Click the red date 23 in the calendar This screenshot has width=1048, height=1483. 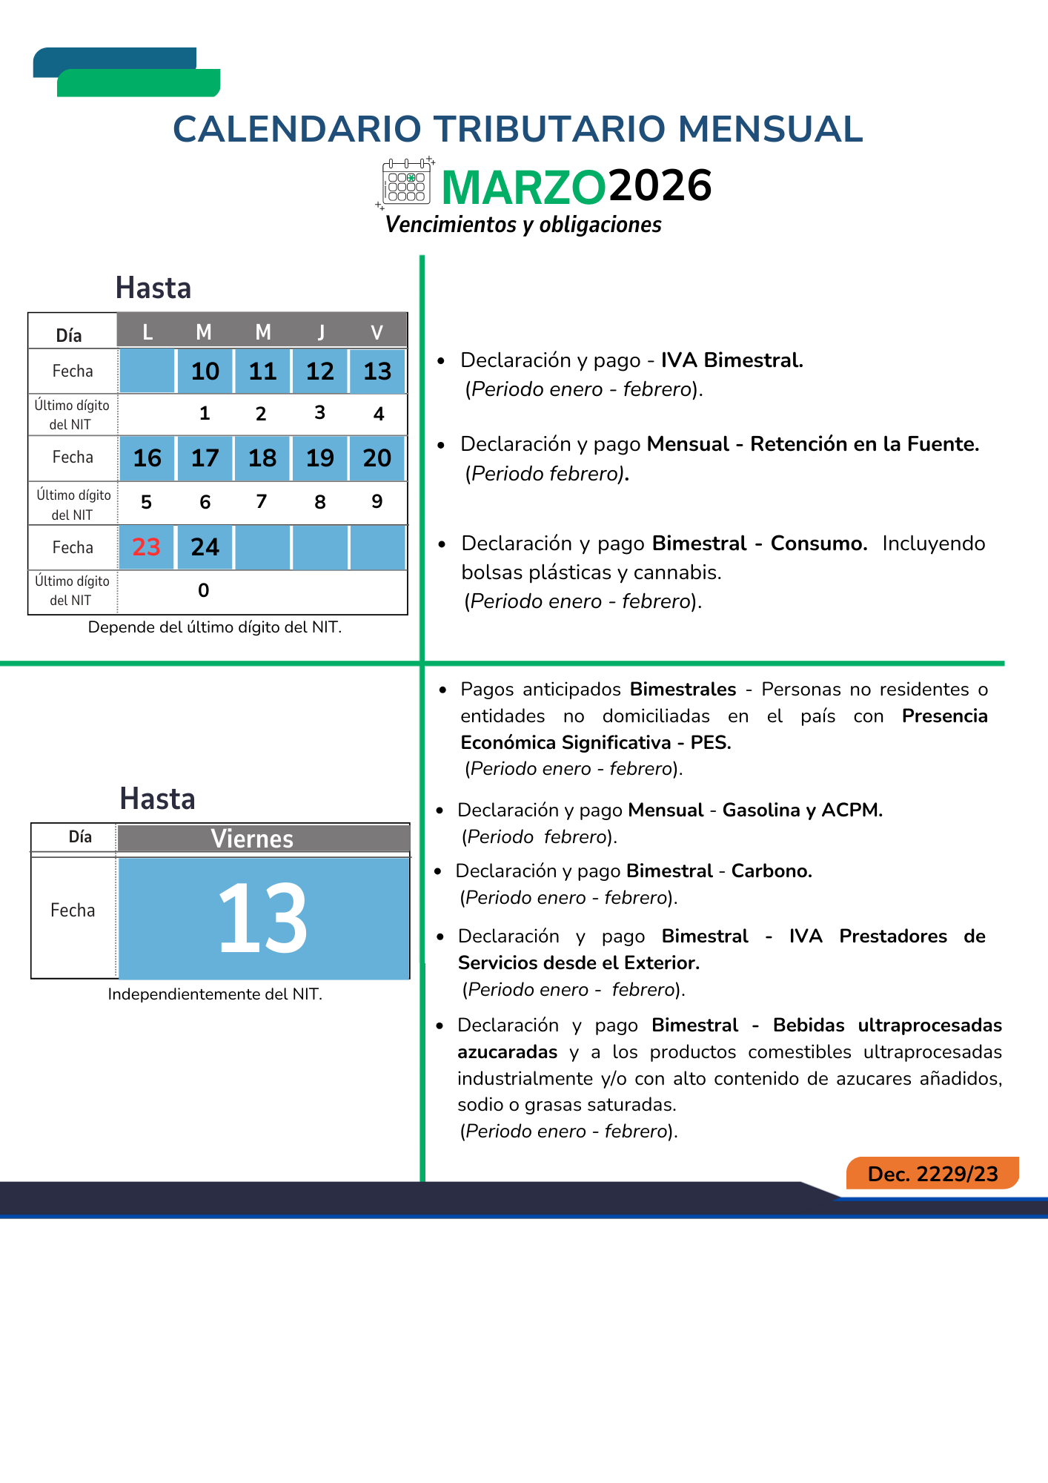(147, 547)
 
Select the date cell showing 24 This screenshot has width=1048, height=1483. (205, 547)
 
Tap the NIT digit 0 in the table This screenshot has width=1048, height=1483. (204, 590)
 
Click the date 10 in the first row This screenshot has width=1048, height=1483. (205, 371)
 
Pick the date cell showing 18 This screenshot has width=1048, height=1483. (262, 458)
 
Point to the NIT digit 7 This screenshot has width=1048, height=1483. (262, 502)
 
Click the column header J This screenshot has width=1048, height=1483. (320, 332)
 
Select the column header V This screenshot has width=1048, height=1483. (377, 332)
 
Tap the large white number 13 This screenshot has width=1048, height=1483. (263, 918)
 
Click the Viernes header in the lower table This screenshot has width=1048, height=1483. (252, 839)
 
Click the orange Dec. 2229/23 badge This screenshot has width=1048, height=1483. (932, 1174)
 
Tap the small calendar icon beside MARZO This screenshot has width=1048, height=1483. (406, 182)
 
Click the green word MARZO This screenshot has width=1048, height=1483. (523, 187)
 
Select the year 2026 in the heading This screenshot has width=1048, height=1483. (660, 185)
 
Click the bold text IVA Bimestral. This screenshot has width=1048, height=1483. (732, 360)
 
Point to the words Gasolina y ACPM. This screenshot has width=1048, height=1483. (802, 810)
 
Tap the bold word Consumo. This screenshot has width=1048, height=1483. (818, 544)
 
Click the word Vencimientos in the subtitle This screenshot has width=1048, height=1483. (451, 225)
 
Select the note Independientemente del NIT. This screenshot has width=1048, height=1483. (215, 994)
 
